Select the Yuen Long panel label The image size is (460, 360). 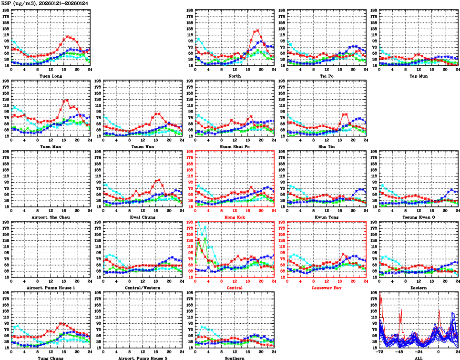click(x=50, y=76)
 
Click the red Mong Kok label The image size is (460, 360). click(x=235, y=217)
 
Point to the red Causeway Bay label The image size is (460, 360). click(x=326, y=288)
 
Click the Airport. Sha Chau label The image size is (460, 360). click(x=50, y=217)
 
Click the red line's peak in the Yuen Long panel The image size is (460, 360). click(x=68, y=36)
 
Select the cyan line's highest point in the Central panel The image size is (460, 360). click(x=199, y=222)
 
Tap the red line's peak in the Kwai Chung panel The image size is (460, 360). click(x=159, y=180)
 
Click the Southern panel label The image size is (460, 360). click(x=235, y=358)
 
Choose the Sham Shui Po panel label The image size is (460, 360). click(x=235, y=147)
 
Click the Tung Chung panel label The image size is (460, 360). click(x=50, y=358)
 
